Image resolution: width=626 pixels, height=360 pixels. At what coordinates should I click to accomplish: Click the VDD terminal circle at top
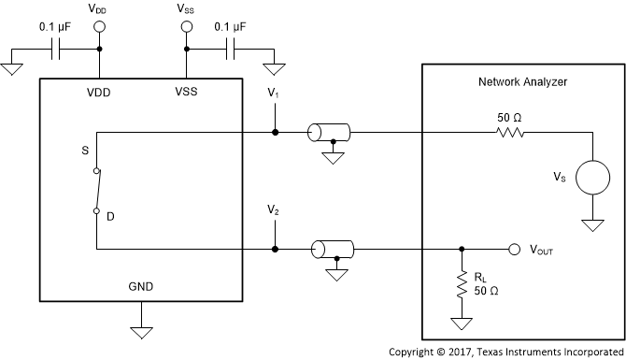tap(98, 28)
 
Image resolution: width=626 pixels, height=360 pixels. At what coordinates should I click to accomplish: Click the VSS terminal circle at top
tap(185, 28)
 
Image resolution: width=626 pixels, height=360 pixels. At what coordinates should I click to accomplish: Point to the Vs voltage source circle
tap(591, 177)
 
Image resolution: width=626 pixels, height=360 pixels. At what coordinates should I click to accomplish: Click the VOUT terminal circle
tap(513, 250)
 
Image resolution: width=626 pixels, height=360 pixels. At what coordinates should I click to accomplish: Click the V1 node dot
tap(274, 133)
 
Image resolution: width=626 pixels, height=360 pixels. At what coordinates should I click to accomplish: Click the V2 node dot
tap(274, 250)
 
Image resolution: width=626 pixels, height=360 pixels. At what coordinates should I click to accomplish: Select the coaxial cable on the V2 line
tap(332, 250)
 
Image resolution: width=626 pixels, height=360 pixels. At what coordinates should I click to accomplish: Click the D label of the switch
tap(110, 217)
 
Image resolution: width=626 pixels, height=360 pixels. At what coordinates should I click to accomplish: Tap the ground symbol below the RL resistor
tap(462, 324)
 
